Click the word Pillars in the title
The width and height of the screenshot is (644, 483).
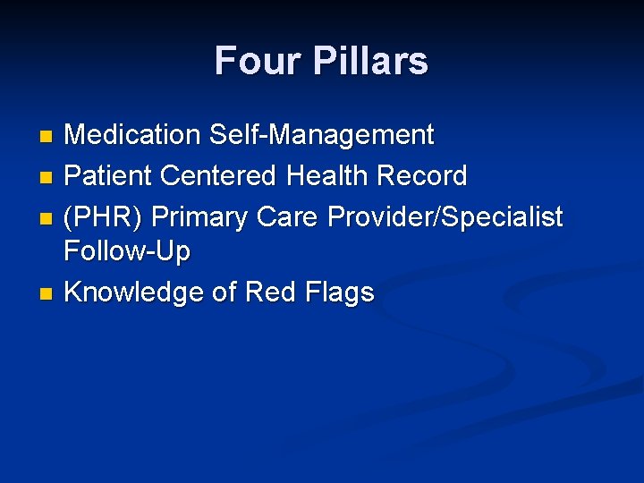[x=369, y=61]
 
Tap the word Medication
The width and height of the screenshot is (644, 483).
[x=132, y=136]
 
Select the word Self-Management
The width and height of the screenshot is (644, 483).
[x=321, y=136]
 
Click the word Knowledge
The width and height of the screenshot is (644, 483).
[x=134, y=292]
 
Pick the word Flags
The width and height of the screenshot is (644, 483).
[x=340, y=292]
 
